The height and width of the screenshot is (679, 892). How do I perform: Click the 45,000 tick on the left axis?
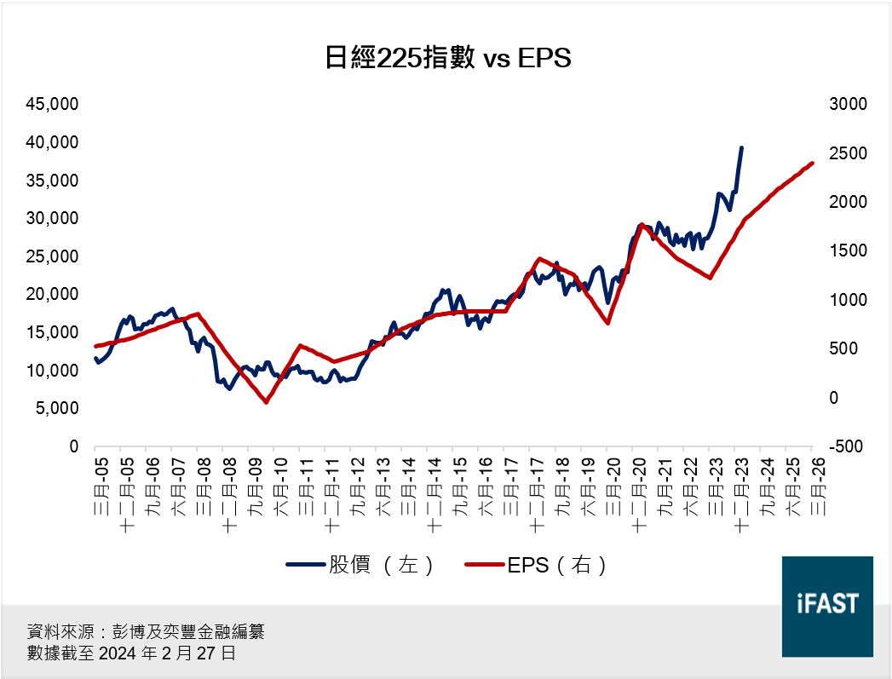(53, 104)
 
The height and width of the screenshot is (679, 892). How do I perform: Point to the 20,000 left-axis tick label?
(53, 294)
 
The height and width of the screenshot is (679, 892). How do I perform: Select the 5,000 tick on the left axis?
(57, 408)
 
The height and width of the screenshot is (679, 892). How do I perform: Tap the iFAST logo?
(826, 606)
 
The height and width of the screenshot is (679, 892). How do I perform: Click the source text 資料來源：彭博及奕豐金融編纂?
(146, 632)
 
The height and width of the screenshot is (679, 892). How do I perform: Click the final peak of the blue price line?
(741, 147)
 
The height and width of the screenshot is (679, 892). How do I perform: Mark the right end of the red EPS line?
(813, 163)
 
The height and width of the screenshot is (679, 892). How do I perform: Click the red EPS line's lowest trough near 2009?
(266, 402)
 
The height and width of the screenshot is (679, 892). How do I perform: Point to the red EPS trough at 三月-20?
(608, 323)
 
